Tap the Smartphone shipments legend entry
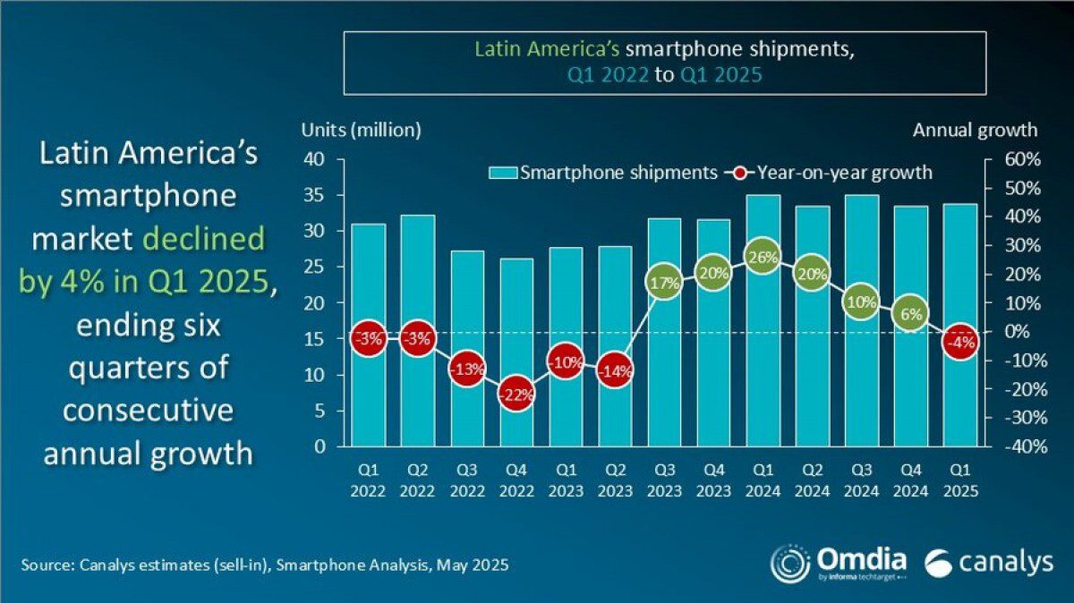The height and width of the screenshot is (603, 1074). tap(603, 172)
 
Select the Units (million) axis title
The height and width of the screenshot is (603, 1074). tap(361, 130)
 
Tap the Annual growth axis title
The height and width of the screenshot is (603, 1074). tap(975, 130)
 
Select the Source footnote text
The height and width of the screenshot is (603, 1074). tap(265, 565)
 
